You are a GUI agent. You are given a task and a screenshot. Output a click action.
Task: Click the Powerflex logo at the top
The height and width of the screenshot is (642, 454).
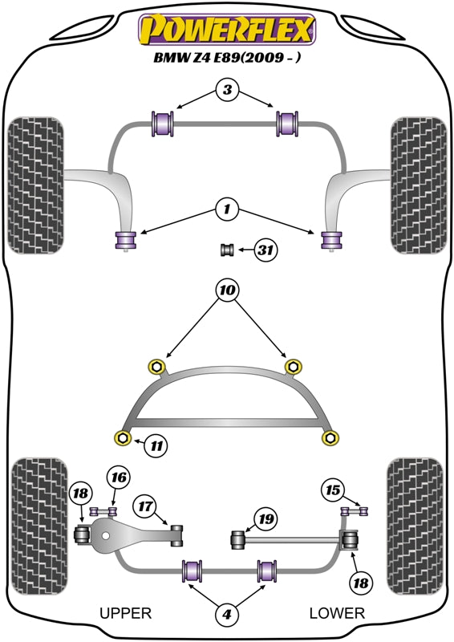coord(227,29)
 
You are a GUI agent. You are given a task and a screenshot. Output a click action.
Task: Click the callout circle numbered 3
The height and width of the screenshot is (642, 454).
coord(227,91)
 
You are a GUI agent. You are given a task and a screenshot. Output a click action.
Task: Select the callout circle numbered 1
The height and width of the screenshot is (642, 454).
coord(227,210)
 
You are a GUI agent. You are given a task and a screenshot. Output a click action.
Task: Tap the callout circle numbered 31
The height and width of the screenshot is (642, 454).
coord(266,250)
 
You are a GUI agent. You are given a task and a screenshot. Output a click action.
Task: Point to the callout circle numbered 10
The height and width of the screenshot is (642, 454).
coord(226,289)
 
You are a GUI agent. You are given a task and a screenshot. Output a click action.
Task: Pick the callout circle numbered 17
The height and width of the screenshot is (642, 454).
coord(145,507)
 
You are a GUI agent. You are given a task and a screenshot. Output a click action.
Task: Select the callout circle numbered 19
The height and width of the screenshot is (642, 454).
coord(266,518)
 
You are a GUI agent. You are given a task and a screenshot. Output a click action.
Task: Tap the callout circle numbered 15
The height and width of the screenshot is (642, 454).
coord(332,489)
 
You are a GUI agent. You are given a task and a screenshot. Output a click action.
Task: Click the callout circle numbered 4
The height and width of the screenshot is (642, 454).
coord(227,615)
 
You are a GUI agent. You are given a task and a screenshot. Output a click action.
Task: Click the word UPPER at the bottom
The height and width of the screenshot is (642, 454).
coord(125,614)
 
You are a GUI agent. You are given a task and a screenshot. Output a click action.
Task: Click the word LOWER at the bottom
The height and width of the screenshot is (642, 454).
coord(337,614)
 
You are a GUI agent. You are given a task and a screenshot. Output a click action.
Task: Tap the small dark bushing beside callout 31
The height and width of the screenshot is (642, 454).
coord(226,250)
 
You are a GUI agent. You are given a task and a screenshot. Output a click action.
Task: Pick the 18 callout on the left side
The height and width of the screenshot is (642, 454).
coord(80,494)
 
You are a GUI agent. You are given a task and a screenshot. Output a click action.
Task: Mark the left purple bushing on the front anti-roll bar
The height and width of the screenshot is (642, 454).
coord(164,124)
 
